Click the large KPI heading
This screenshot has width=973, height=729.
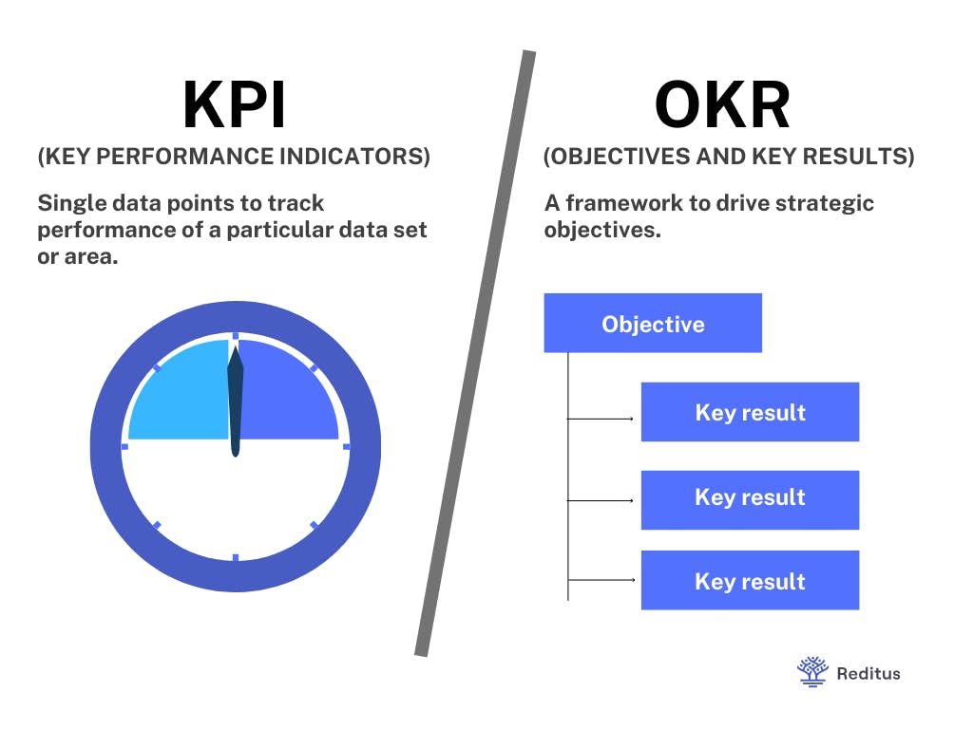click(234, 104)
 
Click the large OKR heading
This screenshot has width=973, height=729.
click(722, 104)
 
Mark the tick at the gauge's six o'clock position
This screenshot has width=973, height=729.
click(235, 557)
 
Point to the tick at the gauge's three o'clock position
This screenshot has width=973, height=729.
click(346, 445)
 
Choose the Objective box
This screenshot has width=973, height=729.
click(653, 324)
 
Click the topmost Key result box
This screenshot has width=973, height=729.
click(750, 412)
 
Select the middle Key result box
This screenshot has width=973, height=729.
click(750, 497)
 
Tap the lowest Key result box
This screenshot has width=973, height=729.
click(750, 581)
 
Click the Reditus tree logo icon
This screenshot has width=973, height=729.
click(811, 671)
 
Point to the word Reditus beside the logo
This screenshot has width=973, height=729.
click(868, 673)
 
